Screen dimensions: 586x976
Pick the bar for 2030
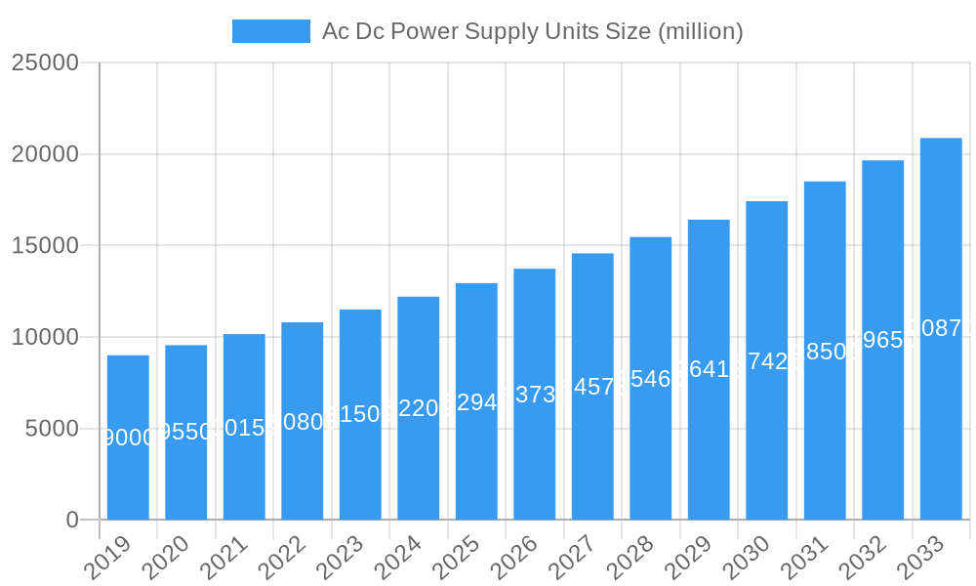[x=766, y=360]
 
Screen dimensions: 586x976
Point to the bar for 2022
[x=302, y=421]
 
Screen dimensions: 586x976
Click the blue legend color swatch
[x=270, y=31]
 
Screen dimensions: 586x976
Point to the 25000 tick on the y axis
[x=45, y=63]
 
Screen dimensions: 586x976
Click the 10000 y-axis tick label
[x=45, y=337]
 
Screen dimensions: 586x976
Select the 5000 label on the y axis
[x=51, y=429]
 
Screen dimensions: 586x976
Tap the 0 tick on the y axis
[x=72, y=521]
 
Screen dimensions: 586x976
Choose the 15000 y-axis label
[x=45, y=245]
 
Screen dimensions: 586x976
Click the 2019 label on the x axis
[x=107, y=558]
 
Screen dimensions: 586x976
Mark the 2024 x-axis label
[x=397, y=558]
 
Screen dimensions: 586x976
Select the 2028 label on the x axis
[x=630, y=558]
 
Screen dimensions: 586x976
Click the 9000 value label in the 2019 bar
[x=128, y=438]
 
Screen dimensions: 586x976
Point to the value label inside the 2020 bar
[x=185, y=432]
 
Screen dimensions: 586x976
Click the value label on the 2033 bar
[x=941, y=328]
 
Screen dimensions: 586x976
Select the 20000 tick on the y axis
[x=45, y=154]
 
